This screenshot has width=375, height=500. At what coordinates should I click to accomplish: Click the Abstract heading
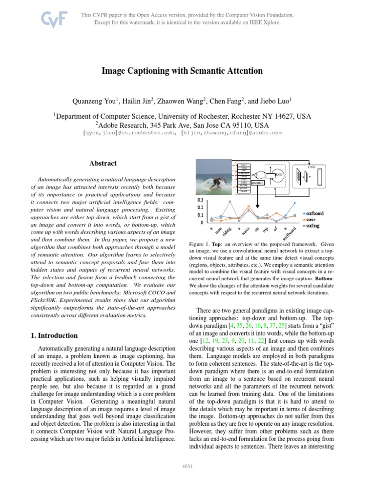103,163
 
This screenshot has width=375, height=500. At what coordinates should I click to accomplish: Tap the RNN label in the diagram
278,174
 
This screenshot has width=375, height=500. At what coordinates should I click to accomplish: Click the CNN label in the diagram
311,167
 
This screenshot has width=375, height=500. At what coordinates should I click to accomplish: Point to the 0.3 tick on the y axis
200,200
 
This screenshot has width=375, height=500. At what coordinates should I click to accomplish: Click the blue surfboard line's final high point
294,202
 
